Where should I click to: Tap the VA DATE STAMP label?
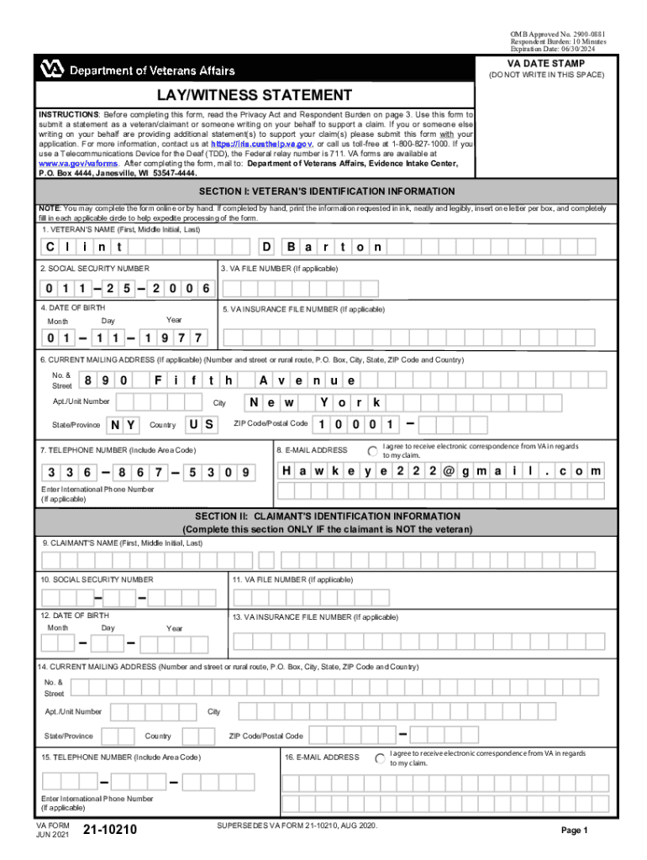click(545, 64)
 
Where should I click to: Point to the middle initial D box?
click(266, 247)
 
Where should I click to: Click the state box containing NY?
click(124, 424)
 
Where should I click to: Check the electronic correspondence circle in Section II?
click(381, 758)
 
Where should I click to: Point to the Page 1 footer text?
click(575, 830)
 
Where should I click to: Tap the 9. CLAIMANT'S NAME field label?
click(123, 543)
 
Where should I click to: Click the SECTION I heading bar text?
click(326, 191)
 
